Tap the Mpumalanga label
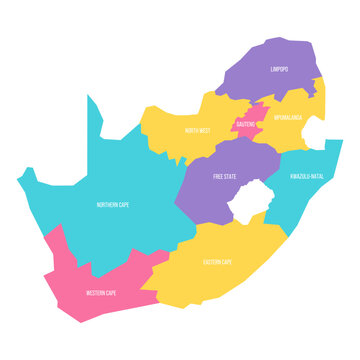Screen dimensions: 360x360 289,116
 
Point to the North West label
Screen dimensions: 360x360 196,130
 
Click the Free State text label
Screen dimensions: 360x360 226,176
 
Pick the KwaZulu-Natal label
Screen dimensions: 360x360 306,176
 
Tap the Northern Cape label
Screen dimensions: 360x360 112,204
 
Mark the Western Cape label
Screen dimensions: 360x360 102,293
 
